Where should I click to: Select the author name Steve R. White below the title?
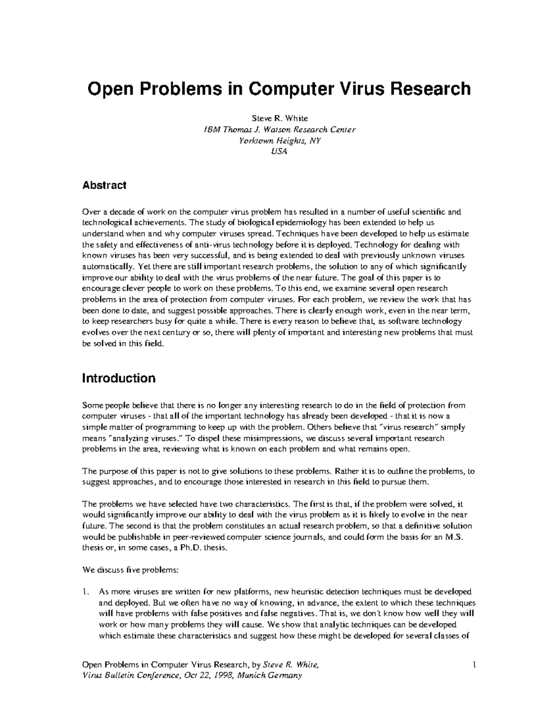coord(279,118)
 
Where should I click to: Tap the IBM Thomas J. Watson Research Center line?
coord(279,130)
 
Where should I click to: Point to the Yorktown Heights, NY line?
coord(279,140)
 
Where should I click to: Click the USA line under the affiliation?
coord(279,152)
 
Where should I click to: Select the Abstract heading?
coord(104,185)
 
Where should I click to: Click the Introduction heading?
coord(119,378)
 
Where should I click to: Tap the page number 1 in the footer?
coord(474,664)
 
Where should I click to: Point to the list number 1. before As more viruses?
coord(85,592)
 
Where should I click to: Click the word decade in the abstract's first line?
coord(119,212)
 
